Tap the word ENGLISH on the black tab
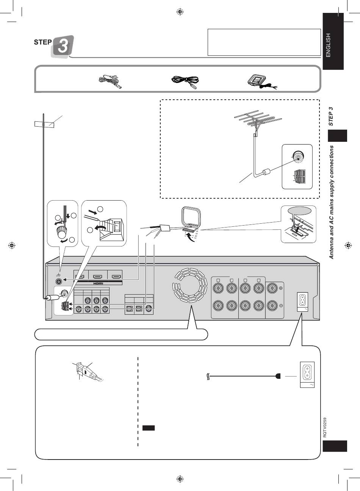(328, 45)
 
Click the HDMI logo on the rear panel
(99, 284)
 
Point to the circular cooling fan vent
(190, 285)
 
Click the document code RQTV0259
(325, 427)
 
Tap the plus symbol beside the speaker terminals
(281, 288)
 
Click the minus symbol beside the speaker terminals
(281, 306)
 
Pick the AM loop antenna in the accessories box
(262, 81)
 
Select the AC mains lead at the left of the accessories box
(110, 81)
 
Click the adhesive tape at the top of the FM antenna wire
(44, 124)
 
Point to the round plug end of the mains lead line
(278, 376)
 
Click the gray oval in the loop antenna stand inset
(300, 211)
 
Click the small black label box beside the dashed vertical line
(148, 428)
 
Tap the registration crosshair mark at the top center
(180, 12)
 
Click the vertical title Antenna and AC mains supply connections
(332, 202)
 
